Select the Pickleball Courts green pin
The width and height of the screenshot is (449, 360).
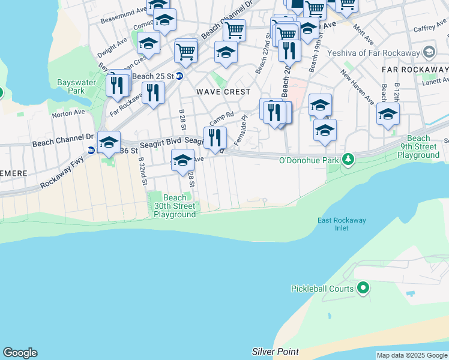click(x=363, y=289)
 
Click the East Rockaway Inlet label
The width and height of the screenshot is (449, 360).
click(x=341, y=224)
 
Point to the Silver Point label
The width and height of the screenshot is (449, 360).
click(x=275, y=351)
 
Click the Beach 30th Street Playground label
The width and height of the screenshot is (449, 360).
click(x=175, y=206)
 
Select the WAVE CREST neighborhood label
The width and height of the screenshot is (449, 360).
click(x=223, y=92)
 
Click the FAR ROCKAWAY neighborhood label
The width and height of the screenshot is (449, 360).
click(x=415, y=70)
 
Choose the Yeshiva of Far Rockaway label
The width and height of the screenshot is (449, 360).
click(x=373, y=52)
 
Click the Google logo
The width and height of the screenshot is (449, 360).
click(x=20, y=353)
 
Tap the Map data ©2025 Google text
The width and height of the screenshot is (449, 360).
click(x=412, y=356)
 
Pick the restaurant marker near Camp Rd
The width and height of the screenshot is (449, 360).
click(x=214, y=138)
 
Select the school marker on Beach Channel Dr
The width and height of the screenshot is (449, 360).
click(x=109, y=142)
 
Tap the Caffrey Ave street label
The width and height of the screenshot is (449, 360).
click(x=430, y=28)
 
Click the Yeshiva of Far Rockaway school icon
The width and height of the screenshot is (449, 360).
click(x=429, y=52)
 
